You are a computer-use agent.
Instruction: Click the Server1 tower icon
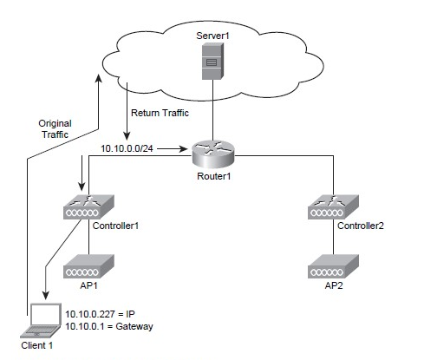pos(212,61)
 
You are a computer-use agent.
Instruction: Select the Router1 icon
pos(213,154)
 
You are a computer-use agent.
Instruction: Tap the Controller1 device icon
pos(88,206)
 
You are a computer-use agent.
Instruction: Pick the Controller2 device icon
pos(333,206)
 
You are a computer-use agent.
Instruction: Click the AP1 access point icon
pos(88,266)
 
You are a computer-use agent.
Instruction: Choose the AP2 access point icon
pos(333,266)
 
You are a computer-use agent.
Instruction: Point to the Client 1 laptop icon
pos(41,320)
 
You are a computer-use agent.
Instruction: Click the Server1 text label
pos(212,36)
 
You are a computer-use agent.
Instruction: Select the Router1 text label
pos(214,176)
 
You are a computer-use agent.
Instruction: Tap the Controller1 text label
pos(115,226)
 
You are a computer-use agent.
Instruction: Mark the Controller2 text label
pos(361,226)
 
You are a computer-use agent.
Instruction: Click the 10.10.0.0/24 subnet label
pos(127,148)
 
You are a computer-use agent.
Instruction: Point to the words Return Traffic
pos(160,113)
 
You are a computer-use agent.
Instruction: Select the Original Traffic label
pos(55,129)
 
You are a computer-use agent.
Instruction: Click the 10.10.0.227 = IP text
pos(100,314)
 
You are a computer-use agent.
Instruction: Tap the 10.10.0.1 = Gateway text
pos(109,326)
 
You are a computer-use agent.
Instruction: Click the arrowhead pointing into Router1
pos(184,149)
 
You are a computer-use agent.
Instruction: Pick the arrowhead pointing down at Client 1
pos(46,295)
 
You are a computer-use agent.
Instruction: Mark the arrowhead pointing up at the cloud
pos(99,78)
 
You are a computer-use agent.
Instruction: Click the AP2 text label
pos(334,285)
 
